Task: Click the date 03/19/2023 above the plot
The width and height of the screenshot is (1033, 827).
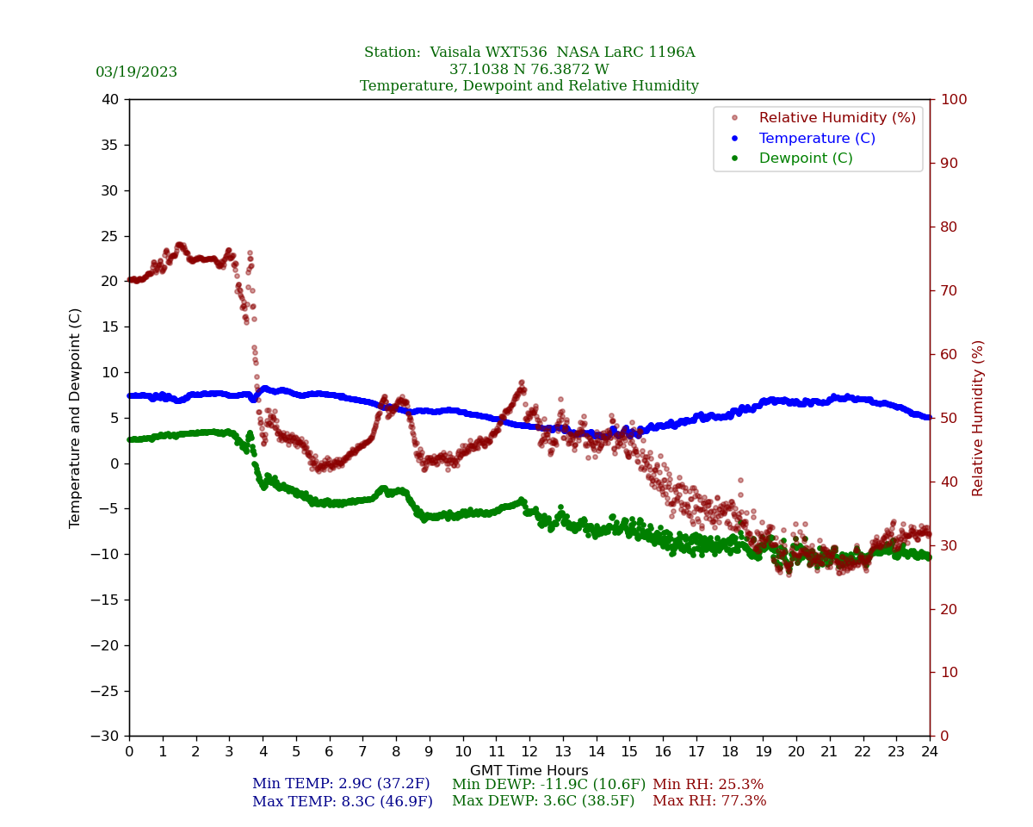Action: pos(136,72)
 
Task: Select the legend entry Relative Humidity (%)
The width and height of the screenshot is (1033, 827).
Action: pos(837,118)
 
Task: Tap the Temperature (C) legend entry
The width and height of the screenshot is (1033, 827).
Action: pos(817,139)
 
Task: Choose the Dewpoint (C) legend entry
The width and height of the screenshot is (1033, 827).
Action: pos(806,159)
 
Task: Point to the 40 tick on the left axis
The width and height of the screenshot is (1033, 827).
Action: pos(110,100)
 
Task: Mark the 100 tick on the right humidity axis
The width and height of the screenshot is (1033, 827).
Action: pos(954,100)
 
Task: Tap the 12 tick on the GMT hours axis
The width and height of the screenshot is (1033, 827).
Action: pos(529,752)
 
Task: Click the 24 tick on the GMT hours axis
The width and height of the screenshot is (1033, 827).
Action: pos(930,752)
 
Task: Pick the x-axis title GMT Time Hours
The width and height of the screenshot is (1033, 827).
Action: pos(529,771)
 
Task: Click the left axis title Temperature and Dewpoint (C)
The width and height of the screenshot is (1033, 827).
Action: pos(76,418)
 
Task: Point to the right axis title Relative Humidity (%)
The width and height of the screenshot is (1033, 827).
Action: pos(978,418)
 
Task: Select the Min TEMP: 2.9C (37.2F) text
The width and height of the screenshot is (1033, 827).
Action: pos(341,785)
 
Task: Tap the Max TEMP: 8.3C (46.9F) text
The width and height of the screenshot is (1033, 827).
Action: pos(343,802)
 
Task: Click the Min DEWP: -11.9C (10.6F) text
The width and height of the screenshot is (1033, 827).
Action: pos(548,785)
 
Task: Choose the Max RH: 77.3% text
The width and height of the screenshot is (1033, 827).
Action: pos(709,802)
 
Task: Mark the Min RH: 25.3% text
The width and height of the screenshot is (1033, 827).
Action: pos(708,785)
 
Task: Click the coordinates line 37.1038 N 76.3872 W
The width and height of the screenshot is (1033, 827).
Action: pos(529,70)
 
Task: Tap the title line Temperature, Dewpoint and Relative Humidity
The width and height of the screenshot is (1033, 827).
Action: pos(529,86)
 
